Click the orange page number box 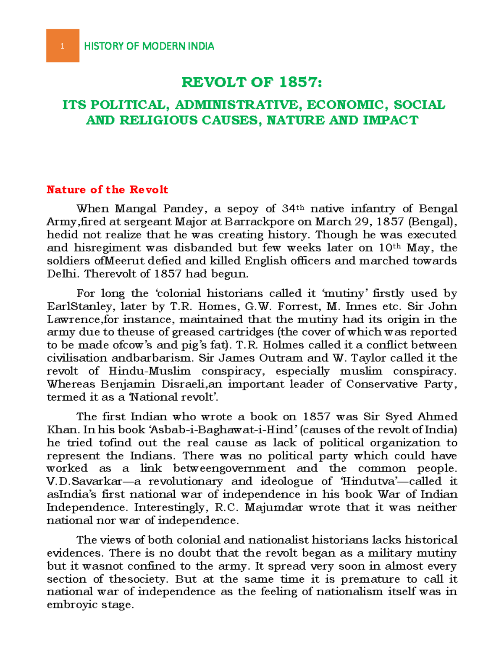(x=63, y=46)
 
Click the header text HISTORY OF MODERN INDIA (x=149, y=46)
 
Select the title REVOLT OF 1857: (x=252, y=82)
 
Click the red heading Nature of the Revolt (x=107, y=190)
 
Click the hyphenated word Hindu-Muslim (x=150, y=372)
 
